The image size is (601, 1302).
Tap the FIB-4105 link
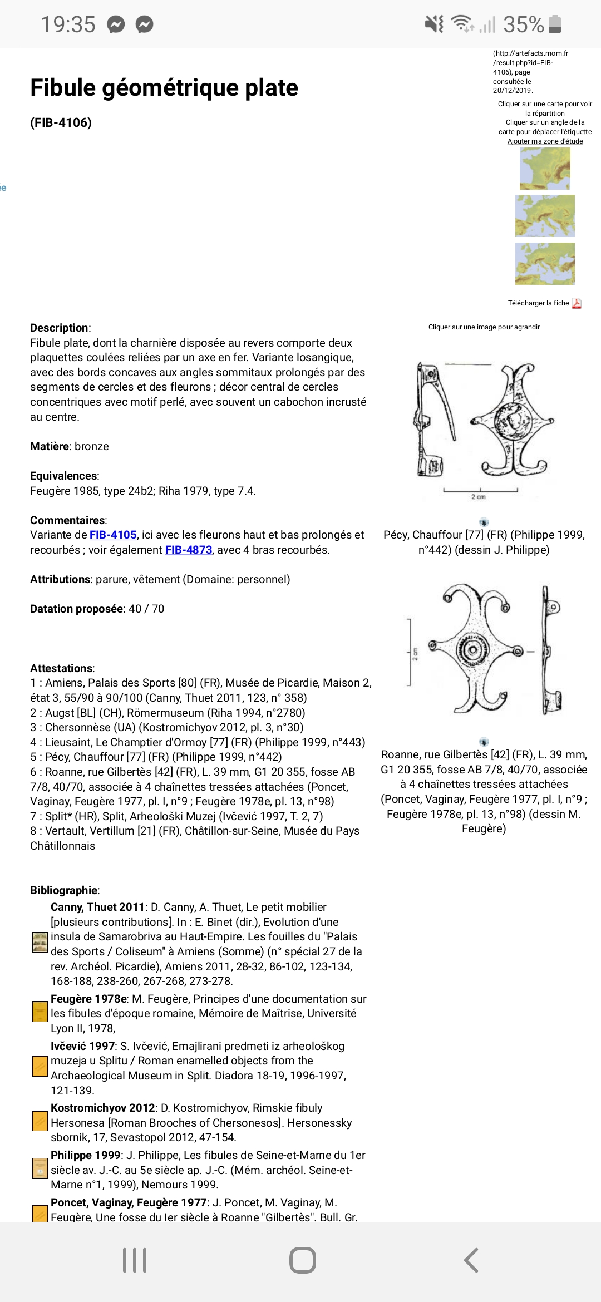tap(113, 535)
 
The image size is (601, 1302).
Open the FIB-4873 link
tap(189, 550)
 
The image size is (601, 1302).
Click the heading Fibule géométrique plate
tap(164, 88)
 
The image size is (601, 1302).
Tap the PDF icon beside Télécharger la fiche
tap(577, 303)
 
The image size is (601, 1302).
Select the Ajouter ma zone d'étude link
tap(545, 141)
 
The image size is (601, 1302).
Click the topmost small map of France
tap(545, 169)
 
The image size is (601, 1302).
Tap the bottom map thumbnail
tap(545, 264)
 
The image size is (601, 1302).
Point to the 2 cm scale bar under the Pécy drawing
tap(480, 491)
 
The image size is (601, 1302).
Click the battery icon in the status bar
tap(555, 24)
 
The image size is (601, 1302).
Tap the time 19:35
tap(68, 24)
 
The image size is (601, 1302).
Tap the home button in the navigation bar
tap(303, 1260)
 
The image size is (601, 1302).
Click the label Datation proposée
tap(76, 609)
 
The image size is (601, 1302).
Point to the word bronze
tap(92, 446)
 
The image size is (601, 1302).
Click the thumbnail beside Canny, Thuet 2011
tap(40, 943)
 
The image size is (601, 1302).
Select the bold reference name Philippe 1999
tap(86, 1155)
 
